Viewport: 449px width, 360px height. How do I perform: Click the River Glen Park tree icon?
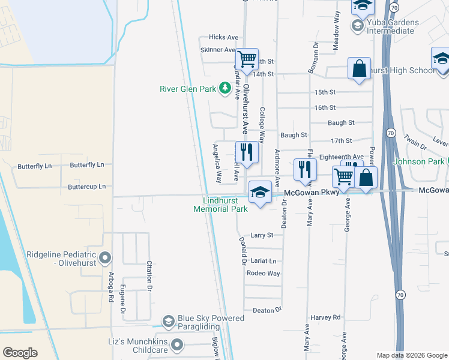(225, 89)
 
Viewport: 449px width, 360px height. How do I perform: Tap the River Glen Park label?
(187, 89)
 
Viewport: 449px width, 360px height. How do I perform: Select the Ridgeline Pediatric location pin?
(105, 258)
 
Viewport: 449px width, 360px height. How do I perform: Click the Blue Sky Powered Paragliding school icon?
(169, 322)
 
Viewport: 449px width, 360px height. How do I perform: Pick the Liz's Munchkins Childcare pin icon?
(176, 344)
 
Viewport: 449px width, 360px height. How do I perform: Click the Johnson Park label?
(418, 162)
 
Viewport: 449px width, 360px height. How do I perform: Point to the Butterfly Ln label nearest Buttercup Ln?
(87, 165)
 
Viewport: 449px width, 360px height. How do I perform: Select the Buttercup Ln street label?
(86, 187)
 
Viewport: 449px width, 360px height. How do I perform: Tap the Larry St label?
(262, 235)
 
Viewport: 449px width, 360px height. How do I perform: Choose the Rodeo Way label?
(263, 273)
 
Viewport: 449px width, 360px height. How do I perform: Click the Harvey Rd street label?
(325, 317)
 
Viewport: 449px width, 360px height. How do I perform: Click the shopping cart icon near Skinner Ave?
(247, 59)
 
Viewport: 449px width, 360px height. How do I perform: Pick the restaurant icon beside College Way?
(247, 151)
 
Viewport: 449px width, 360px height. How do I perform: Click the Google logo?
(20, 353)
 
